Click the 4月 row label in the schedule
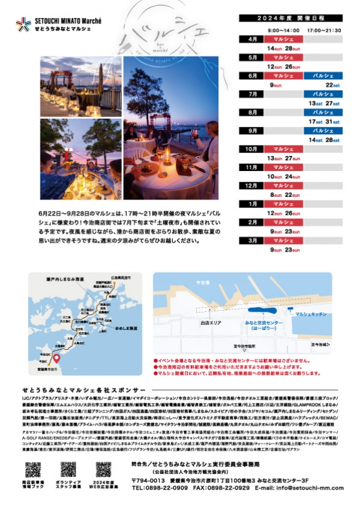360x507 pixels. (x=253, y=39)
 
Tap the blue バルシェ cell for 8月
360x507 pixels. (x=323, y=112)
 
